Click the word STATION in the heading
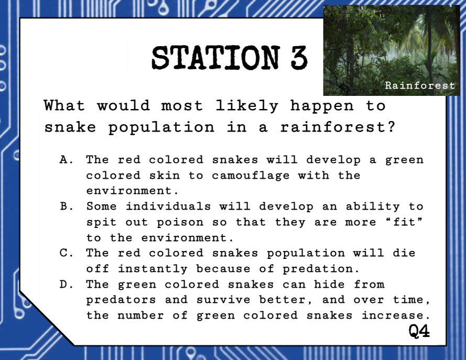pos(216,58)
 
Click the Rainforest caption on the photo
pos(420,85)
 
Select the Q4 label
pos(419,331)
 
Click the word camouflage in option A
pos(251,176)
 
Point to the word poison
pos(180,223)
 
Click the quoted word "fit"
pos(404,222)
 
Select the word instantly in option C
pos(153,269)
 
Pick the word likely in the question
pos(247,106)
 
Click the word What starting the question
pos(64,105)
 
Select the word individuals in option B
pos(168,206)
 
